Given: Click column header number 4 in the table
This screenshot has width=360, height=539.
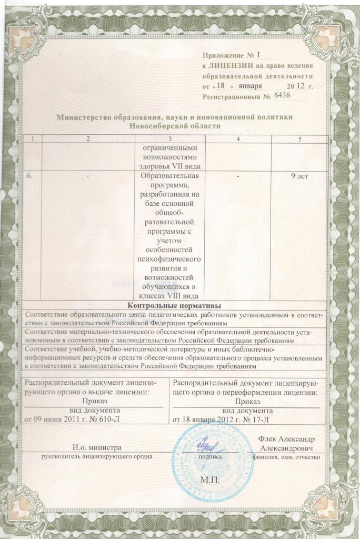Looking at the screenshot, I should pyautogui.click(x=238, y=138).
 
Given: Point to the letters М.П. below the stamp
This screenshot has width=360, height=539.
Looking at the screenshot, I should pyautogui.click(x=211, y=481).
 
